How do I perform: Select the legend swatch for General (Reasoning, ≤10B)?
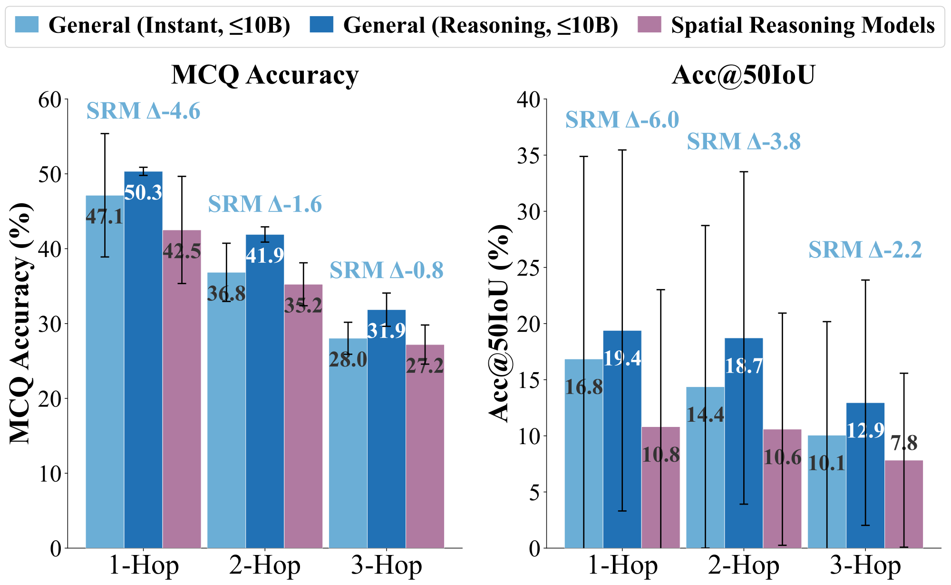click(x=321, y=25)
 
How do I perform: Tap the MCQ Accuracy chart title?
click(x=265, y=75)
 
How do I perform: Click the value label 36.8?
click(x=226, y=294)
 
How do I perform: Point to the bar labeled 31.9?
click(x=386, y=428)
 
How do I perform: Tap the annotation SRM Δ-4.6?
click(x=143, y=111)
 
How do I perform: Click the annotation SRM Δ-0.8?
click(x=386, y=270)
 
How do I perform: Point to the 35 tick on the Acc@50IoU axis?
click(x=529, y=156)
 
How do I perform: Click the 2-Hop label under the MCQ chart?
click(x=265, y=566)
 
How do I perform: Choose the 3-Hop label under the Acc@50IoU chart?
click(x=865, y=566)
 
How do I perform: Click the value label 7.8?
click(x=903, y=443)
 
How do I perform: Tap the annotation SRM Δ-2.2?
click(x=865, y=250)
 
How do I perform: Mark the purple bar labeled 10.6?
click(x=782, y=490)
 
